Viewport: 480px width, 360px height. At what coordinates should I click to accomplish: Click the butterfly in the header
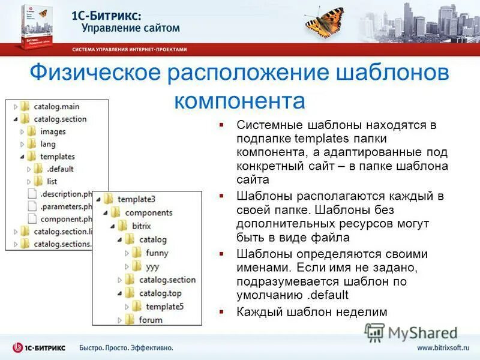[x=326, y=22]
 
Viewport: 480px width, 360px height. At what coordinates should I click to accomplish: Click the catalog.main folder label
[x=56, y=106]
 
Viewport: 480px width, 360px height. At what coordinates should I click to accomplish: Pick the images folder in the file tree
[x=53, y=131]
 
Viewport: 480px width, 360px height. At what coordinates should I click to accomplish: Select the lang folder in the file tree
[x=47, y=144]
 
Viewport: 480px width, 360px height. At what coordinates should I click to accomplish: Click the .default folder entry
[x=60, y=169]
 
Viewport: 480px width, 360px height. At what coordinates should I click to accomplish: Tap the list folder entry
[x=52, y=181]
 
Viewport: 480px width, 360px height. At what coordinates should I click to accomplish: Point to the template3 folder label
[x=136, y=199]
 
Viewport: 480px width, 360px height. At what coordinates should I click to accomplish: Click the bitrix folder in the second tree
[x=142, y=225]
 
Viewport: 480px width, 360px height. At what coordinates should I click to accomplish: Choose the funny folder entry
[x=157, y=253]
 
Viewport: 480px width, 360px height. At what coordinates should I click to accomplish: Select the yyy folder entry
[x=154, y=266]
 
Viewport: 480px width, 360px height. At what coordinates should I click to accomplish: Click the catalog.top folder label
[x=160, y=293]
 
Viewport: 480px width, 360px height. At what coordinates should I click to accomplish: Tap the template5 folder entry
[x=164, y=306]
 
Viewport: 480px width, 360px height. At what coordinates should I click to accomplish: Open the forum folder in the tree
[x=150, y=319]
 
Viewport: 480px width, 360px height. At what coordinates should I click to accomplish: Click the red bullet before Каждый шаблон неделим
[x=221, y=312]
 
